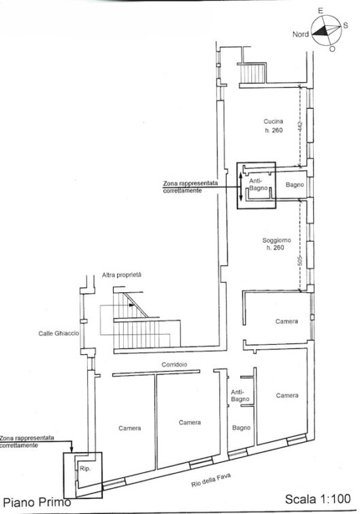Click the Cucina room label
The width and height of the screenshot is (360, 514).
point(274,122)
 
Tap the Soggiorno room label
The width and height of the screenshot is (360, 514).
point(277,240)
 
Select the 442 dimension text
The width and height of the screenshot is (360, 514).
point(299,126)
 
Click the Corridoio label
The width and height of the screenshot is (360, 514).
point(174,364)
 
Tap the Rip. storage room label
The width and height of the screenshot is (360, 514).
point(84,468)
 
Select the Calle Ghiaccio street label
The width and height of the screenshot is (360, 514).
point(59,333)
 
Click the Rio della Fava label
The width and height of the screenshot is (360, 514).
point(211,480)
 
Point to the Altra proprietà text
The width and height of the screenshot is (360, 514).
point(121,275)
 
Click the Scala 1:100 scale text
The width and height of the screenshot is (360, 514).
point(318,498)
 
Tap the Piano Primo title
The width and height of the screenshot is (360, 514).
point(37,502)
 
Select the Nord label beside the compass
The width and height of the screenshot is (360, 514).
point(301,34)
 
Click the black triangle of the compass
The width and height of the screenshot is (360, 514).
point(321,31)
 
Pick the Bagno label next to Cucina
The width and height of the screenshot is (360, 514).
point(295,185)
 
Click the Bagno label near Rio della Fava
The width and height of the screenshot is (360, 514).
point(241,428)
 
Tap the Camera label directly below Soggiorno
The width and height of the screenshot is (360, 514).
point(287,321)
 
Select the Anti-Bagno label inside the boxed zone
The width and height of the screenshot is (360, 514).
point(259,184)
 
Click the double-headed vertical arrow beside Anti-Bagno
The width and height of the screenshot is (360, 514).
point(241,186)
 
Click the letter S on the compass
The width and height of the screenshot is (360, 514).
point(346,26)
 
